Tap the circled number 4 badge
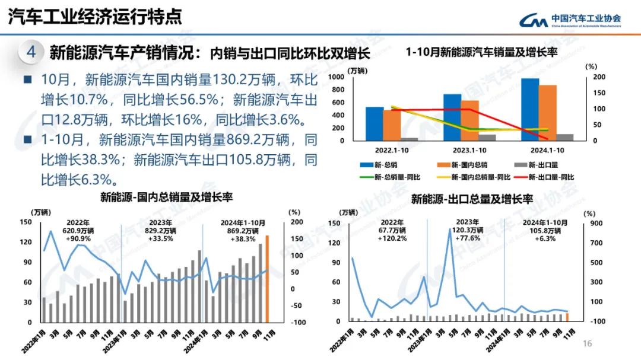tap(31, 52)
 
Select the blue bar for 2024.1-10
tap(530, 110)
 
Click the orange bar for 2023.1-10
tap(469, 121)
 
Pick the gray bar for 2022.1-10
tap(409, 139)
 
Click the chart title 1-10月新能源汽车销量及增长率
tap(481, 52)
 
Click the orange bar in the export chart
tap(567, 317)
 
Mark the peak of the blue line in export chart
tap(450, 229)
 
